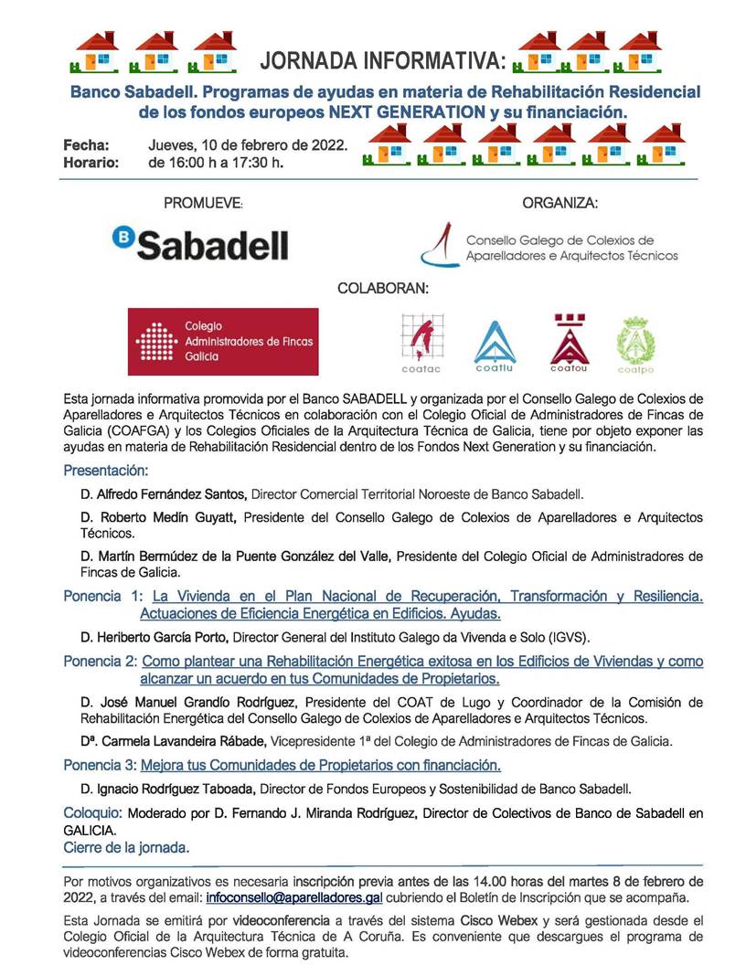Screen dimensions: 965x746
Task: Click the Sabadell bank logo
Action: click(x=199, y=243)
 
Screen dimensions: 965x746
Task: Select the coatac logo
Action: click(x=421, y=342)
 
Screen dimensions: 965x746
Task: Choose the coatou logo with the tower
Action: click(x=569, y=343)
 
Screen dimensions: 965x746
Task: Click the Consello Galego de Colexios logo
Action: click(x=549, y=246)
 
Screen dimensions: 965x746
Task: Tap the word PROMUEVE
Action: click(x=203, y=203)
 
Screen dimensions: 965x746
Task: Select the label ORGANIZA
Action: click(x=559, y=203)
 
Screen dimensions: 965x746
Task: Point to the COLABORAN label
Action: click(x=383, y=288)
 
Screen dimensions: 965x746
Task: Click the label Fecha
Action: click(x=86, y=145)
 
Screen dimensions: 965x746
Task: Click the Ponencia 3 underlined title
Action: click(x=320, y=765)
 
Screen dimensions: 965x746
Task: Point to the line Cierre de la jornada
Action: click(x=126, y=847)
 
